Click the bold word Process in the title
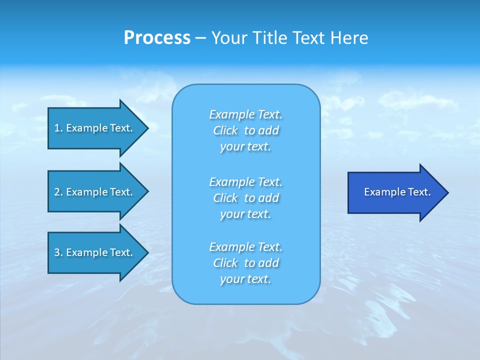157,38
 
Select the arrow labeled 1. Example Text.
93,128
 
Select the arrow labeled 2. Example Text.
93,192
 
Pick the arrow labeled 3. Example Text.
93,252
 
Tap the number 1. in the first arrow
58,128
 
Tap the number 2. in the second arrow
58,192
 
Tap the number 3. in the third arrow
58,252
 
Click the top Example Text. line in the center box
246,114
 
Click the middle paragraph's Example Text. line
246,181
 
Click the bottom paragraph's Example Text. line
246,247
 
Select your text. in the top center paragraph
245,147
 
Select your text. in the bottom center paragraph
245,279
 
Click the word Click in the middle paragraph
225,198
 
